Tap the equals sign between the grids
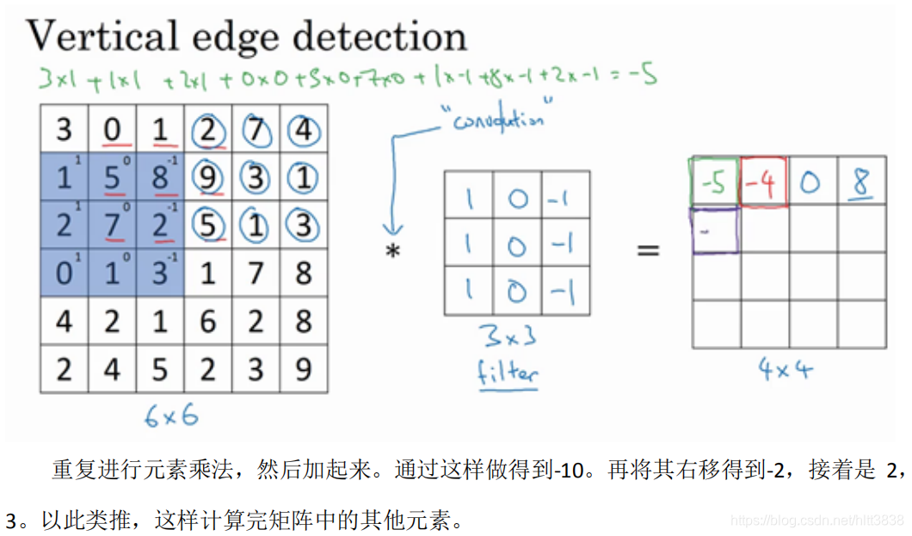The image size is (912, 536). click(648, 250)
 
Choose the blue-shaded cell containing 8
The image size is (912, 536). click(161, 179)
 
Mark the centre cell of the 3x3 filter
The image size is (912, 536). click(516, 244)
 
